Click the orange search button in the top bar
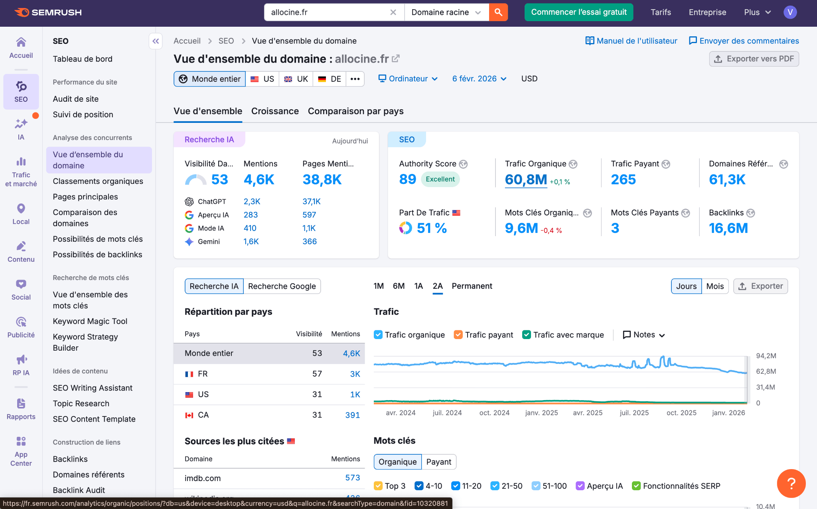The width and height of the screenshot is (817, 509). (498, 12)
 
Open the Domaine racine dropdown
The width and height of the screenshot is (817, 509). (446, 12)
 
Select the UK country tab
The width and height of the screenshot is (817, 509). (296, 79)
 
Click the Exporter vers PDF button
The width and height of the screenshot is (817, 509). (754, 59)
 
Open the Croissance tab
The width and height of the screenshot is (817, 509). (275, 111)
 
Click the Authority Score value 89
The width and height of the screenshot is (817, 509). (407, 180)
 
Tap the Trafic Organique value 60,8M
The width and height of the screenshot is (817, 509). (526, 180)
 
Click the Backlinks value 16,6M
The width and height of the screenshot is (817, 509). (728, 228)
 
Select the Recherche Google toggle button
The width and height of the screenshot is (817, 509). (282, 286)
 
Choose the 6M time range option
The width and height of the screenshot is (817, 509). (399, 286)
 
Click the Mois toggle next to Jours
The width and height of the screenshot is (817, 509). (714, 286)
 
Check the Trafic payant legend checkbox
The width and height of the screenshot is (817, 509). (458, 335)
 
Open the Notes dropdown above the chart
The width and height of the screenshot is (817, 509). (644, 335)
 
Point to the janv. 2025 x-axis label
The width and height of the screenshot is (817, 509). (541, 413)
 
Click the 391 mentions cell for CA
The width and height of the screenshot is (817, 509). (352, 415)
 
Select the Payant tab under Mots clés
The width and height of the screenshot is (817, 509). (438, 462)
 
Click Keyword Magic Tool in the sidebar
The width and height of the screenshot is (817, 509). (90, 322)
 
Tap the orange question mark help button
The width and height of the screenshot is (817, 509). (791, 483)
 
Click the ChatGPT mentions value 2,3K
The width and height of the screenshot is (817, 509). (252, 202)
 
